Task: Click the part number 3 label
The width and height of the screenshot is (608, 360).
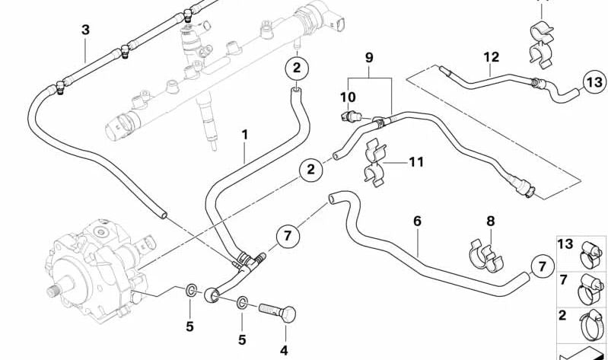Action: [x=85, y=30]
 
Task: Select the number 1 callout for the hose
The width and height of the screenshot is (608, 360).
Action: [x=245, y=135]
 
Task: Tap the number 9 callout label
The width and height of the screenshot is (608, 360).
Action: [x=370, y=57]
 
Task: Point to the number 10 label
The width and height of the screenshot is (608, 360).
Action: [x=348, y=97]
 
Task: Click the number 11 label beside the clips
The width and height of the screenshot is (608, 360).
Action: [x=415, y=161]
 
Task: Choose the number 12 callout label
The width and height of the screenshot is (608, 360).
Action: [x=491, y=56]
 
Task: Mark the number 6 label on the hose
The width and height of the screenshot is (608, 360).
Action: [x=417, y=221]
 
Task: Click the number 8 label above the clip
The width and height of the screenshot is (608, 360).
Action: [x=491, y=221]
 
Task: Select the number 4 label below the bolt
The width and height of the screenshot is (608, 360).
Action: [x=284, y=350]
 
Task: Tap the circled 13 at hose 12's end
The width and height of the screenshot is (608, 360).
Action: [x=594, y=83]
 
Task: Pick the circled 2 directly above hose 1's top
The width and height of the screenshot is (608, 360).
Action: [x=297, y=68]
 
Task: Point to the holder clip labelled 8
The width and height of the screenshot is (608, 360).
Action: [x=485, y=255]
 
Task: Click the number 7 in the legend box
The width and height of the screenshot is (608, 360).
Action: [x=565, y=280]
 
